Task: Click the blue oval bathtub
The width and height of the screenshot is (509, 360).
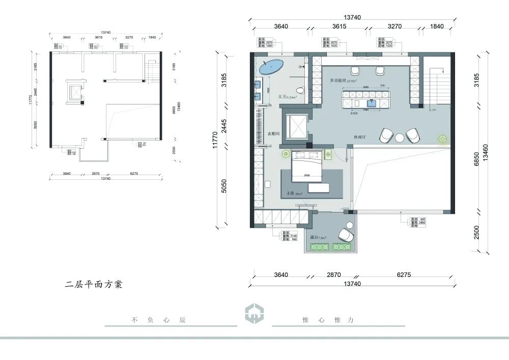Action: (x=272, y=67)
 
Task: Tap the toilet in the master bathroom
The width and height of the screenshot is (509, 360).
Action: (x=301, y=90)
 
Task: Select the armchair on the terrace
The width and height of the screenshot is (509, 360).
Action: (x=346, y=236)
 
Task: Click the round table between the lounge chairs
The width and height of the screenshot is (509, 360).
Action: (x=400, y=136)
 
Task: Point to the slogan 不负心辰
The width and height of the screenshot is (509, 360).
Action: (x=159, y=320)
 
